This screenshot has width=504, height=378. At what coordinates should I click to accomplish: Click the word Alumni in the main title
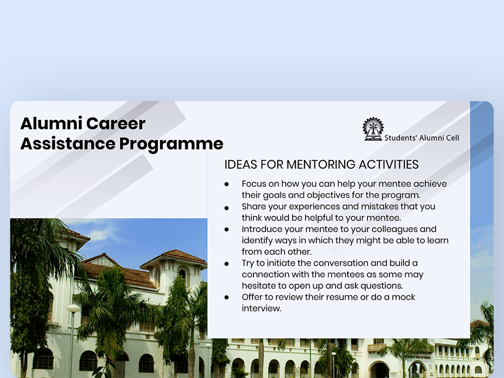(51, 123)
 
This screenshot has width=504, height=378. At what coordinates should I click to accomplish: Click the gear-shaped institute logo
(373, 129)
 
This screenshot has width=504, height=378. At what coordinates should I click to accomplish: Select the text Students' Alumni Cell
(422, 138)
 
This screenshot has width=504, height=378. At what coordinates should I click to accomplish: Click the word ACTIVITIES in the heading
(389, 164)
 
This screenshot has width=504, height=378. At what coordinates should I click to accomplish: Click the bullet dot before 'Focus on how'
(226, 184)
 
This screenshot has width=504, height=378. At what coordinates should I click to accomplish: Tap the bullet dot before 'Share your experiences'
(226, 208)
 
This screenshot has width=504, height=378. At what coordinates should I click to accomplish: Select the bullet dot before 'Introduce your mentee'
(226, 230)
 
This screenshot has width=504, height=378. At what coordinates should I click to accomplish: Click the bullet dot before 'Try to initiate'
(226, 264)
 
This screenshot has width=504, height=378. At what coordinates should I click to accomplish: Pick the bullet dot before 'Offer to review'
(226, 297)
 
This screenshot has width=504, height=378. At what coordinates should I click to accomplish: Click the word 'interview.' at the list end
(261, 308)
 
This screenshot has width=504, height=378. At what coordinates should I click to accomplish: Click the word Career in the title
(116, 123)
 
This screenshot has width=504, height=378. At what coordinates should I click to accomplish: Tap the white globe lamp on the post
(73, 308)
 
